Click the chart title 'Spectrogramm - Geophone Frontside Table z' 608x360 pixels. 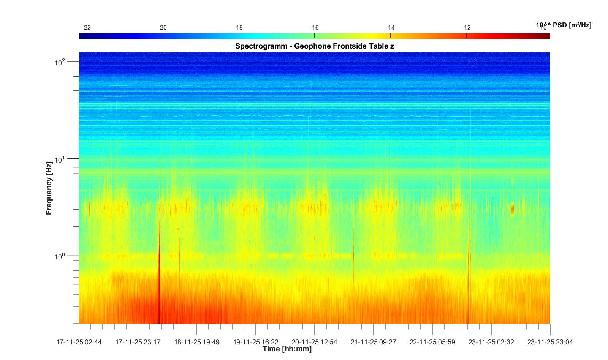point(314,46)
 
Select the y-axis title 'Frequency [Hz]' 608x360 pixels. point(49,188)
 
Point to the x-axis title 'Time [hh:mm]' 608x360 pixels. point(287,349)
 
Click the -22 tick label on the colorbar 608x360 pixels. point(87,28)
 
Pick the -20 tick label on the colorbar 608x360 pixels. point(162,28)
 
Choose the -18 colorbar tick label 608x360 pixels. point(238,28)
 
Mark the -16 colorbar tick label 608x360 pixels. point(314,28)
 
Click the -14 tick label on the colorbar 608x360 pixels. point(390,28)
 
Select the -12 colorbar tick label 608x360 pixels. point(466,28)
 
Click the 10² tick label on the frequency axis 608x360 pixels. point(60,62)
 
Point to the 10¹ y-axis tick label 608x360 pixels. point(60,159)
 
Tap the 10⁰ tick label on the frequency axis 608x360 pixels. point(60,256)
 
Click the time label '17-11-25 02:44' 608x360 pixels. point(79,342)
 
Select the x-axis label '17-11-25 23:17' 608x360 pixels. point(138,342)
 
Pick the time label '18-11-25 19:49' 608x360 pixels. point(197,342)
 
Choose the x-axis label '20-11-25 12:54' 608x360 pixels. point(315,342)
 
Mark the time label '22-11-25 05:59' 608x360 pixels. point(432,342)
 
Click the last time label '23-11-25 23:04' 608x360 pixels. point(550,342)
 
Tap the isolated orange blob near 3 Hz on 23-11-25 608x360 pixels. point(512,209)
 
